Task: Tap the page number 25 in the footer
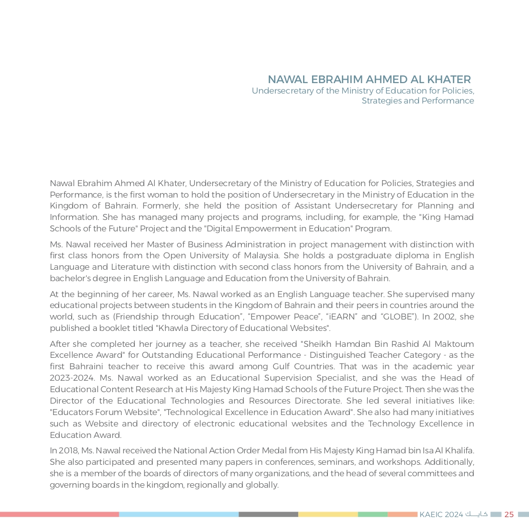[x=509, y=515]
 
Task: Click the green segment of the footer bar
[x=372, y=515]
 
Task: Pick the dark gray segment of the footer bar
[x=268, y=515]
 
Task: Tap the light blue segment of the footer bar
[x=179, y=515]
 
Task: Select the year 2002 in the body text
[x=448, y=317]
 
